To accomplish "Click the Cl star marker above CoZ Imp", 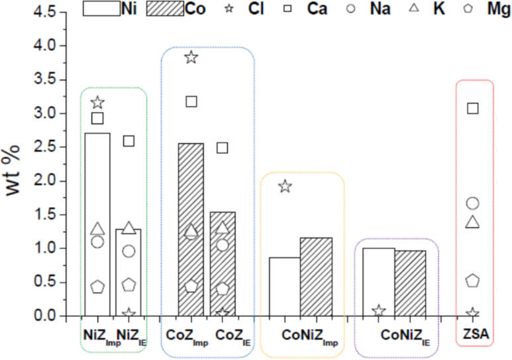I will point(191,58).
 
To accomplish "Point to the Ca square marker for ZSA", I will point(473,108).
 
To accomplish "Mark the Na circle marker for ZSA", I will point(473,203).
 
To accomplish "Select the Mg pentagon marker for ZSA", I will point(473,280).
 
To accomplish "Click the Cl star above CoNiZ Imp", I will point(285,186).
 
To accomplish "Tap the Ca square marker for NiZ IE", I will point(129,141).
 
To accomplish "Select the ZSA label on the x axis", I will point(474,335).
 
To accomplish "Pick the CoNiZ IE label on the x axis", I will point(405,335).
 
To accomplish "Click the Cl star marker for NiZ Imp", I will point(98,103).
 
